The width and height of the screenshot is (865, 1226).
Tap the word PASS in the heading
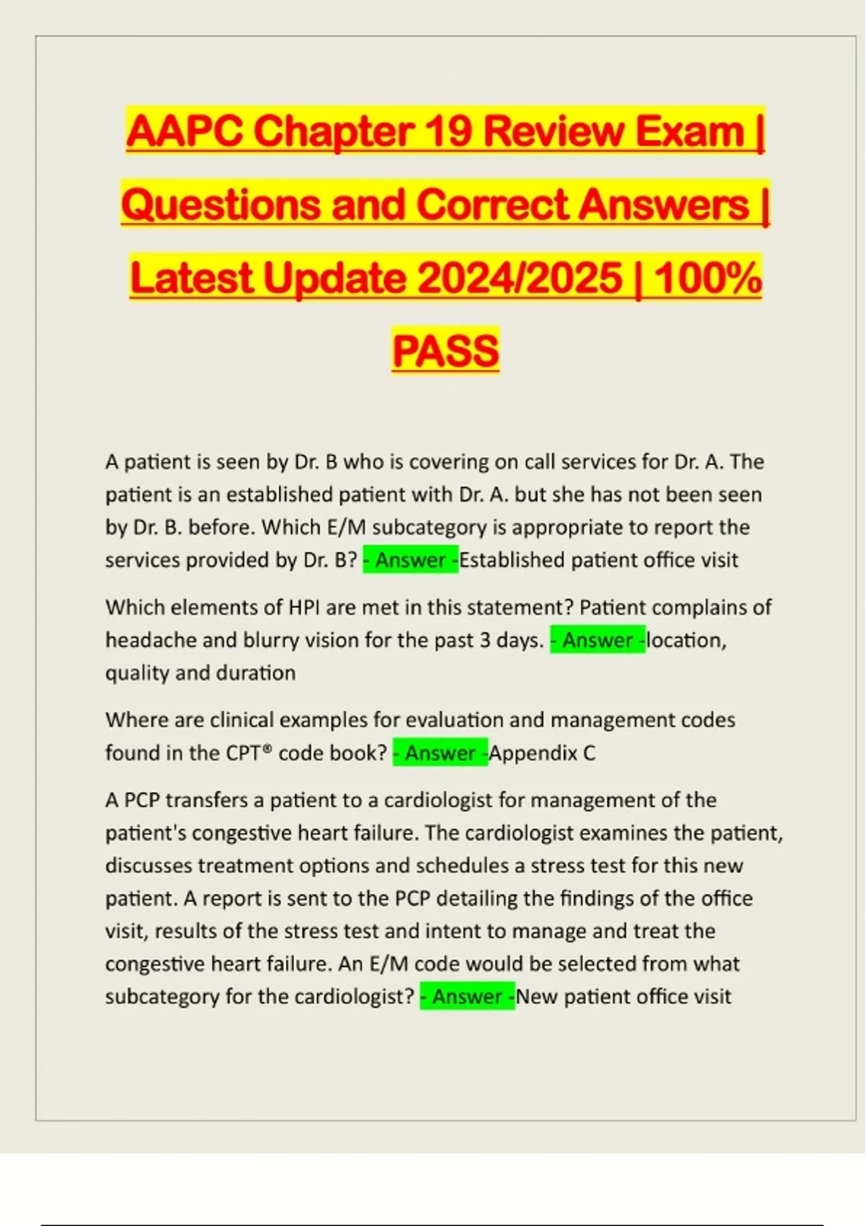(445, 350)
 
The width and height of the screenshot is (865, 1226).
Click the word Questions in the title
(220, 205)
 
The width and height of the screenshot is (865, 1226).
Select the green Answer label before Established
(410, 560)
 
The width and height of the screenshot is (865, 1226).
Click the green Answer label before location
(598, 640)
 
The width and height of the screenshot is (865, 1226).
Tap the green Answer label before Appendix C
(440, 753)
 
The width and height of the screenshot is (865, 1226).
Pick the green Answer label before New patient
(467, 997)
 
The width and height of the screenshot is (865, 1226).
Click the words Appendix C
(542, 753)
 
